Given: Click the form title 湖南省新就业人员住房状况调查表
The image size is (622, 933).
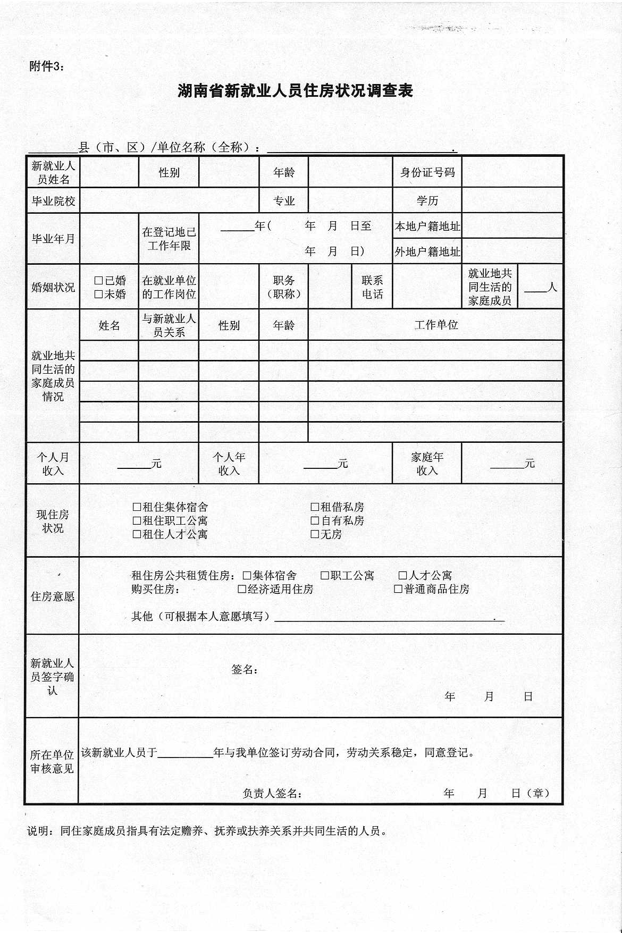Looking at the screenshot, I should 295,91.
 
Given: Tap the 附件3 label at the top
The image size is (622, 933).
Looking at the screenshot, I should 46,66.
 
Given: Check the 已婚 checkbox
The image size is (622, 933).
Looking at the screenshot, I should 98,280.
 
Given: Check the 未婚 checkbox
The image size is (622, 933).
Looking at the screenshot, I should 98,294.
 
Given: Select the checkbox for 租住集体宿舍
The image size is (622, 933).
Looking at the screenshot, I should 137,507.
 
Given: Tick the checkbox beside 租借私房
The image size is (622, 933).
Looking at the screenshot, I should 315,507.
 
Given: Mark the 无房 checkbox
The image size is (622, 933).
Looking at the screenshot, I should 315,534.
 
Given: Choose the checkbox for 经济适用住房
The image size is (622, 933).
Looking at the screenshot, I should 242,589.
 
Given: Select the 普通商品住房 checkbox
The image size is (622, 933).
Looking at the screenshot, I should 398,589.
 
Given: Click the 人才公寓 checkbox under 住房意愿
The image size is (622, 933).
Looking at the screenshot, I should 403,575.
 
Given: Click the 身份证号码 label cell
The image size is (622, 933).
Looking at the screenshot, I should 427,172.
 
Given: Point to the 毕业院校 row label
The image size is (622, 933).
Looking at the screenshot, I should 53,201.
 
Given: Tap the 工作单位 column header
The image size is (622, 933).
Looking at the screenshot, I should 436,325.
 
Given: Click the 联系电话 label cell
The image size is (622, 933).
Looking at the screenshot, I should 372,287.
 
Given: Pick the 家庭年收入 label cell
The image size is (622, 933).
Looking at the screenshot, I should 427,464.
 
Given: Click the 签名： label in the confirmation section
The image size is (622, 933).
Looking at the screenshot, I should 245,670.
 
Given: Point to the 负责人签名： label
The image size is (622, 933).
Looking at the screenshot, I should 272,794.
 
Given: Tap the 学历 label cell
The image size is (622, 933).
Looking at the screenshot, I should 427,201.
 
